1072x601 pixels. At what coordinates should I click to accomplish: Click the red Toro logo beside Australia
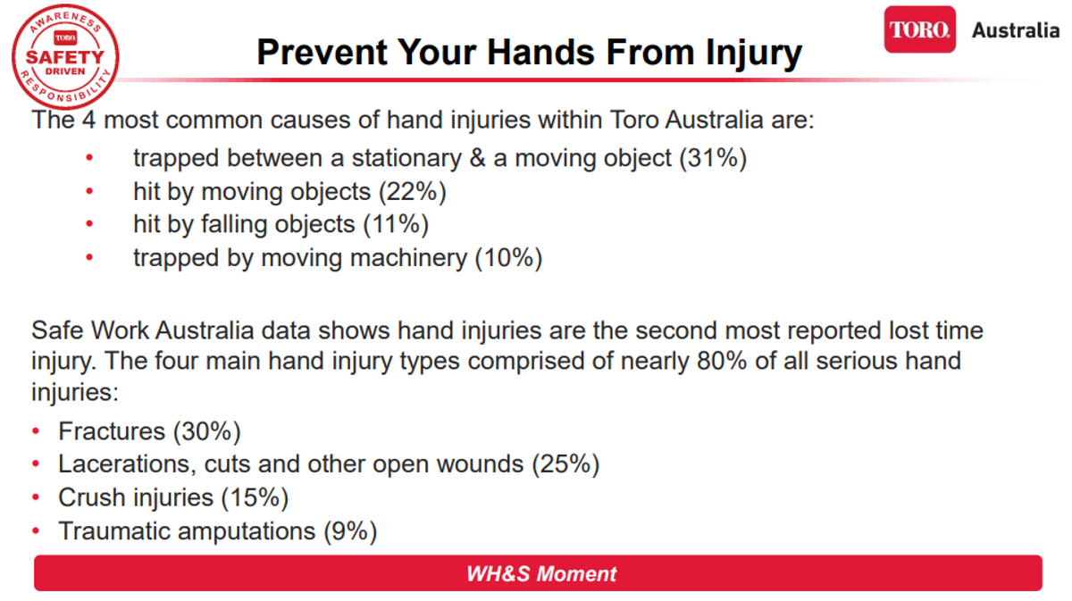[919, 29]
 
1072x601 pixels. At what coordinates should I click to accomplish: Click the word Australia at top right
[1016, 30]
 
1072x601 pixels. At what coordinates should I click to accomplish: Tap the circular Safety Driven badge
[65, 57]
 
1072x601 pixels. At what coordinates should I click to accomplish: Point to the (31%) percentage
[713, 158]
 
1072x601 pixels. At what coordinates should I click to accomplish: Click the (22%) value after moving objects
[413, 192]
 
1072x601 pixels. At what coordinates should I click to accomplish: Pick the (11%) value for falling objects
[396, 224]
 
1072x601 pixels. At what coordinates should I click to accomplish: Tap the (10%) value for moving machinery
[508, 258]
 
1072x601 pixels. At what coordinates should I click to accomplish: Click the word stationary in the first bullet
[406, 158]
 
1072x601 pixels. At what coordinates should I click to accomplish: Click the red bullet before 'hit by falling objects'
[89, 223]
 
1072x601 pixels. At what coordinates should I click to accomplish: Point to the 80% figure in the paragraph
[722, 361]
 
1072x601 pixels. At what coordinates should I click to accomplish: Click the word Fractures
[112, 431]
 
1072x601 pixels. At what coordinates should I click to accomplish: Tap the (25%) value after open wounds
[565, 464]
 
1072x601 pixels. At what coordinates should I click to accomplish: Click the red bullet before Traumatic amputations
[36, 530]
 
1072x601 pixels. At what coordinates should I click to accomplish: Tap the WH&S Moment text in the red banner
[541, 573]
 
